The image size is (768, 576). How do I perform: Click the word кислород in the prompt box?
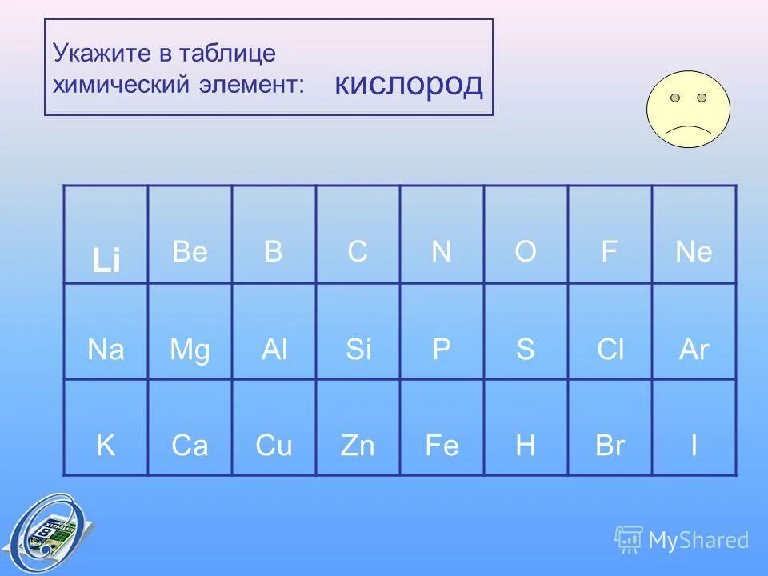coord(408,83)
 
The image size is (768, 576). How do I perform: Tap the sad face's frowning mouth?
coord(688,128)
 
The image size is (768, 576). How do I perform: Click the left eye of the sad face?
coord(675,98)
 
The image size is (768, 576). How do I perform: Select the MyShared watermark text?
coord(698,540)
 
